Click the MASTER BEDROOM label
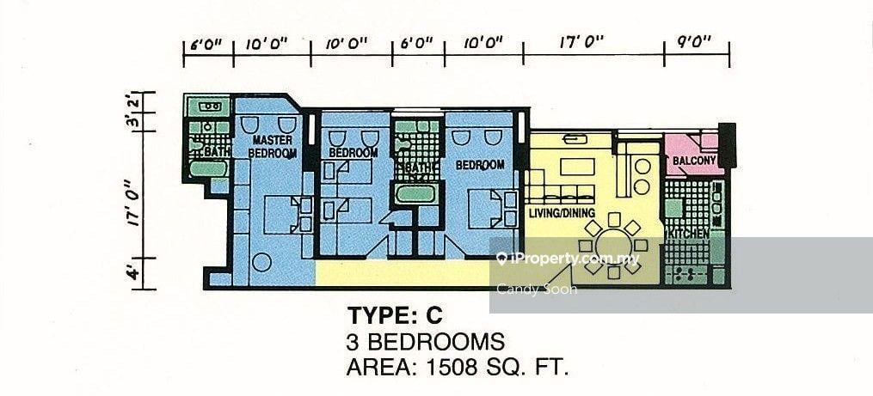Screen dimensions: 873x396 (x=274, y=146)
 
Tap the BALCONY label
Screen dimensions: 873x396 (x=694, y=161)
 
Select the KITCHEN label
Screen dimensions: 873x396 (x=687, y=235)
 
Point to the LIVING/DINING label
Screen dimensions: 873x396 (x=562, y=213)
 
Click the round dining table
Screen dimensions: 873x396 (x=613, y=246)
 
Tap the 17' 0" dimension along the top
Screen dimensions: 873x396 (x=581, y=42)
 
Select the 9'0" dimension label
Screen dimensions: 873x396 (x=696, y=42)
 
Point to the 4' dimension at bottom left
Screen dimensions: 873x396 (x=132, y=273)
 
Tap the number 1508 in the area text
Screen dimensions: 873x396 (x=451, y=367)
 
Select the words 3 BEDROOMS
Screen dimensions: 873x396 (x=426, y=342)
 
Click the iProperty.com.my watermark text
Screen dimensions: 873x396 (x=568, y=259)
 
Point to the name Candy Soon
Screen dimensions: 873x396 (x=536, y=289)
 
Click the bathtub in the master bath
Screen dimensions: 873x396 (x=208, y=168)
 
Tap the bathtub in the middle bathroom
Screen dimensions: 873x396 (x=415, y=194)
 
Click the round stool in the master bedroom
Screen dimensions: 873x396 (x=261, y=262)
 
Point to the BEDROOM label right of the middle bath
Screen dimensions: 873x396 (x=480, y=165)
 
